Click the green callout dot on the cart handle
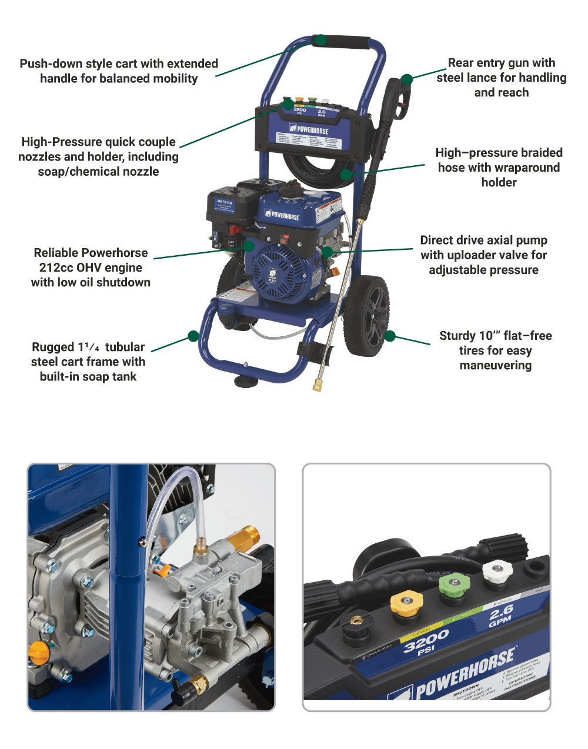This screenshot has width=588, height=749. tap(320, 40)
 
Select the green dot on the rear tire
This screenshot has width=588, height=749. tap(390, 336)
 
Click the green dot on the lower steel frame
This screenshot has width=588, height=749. tap(193, 336)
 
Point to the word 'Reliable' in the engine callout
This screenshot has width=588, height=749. tap(58, 253)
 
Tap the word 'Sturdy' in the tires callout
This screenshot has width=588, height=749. tap(457, 336)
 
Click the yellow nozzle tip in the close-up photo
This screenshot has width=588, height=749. tap(407, 604)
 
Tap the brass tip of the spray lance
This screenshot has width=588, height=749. tap(318, 386)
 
